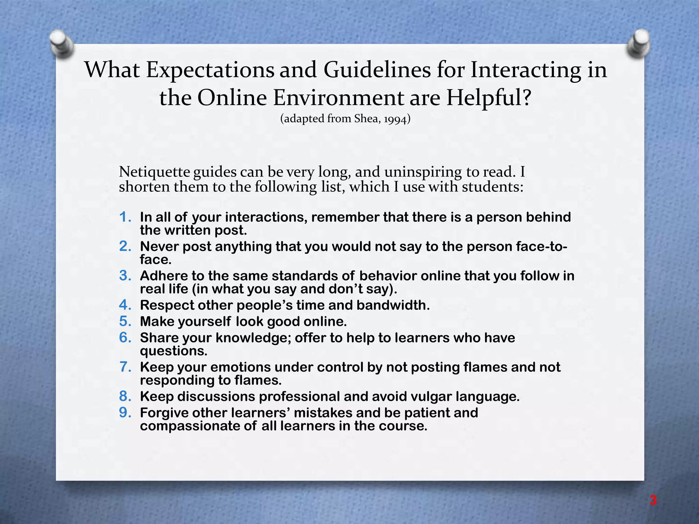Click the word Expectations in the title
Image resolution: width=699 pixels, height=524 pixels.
tap(210, 70)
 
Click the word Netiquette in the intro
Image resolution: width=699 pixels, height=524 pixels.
tap(154, 172)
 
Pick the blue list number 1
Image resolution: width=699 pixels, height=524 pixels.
tap(125, 217)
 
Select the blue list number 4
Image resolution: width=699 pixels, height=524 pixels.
tap(125, 305)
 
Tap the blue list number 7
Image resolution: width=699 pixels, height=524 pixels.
tap(125, 367)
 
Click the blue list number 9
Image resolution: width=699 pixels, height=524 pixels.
tap(125, 413)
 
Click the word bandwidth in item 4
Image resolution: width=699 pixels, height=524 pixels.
tap(393, 305)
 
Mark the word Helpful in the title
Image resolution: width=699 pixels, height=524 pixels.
tap(488, 98)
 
